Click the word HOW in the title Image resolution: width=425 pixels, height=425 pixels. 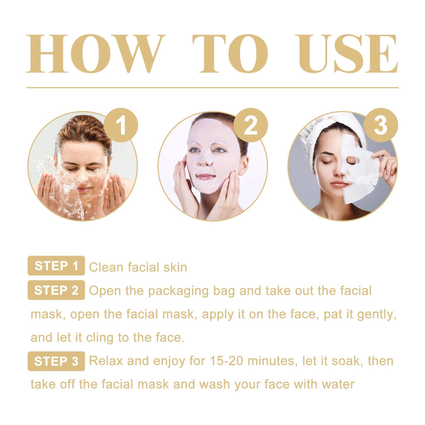[x=95, y=54]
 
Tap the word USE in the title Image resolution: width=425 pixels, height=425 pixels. [x=348, y=54]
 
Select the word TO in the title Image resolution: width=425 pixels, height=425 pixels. [x=230, y=54]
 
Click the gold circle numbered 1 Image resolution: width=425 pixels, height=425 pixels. [x=120, y=125]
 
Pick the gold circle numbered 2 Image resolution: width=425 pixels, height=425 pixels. [x=250, y=125]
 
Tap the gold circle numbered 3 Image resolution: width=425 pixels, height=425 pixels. [x=381, y=125]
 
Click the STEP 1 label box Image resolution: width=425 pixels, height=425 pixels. [x=56, y=266]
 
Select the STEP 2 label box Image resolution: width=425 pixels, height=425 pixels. [x=56, y=290]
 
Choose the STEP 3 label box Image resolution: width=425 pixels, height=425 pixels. [x=56, y=361]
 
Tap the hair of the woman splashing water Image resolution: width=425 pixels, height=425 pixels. [x=83, y=129]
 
